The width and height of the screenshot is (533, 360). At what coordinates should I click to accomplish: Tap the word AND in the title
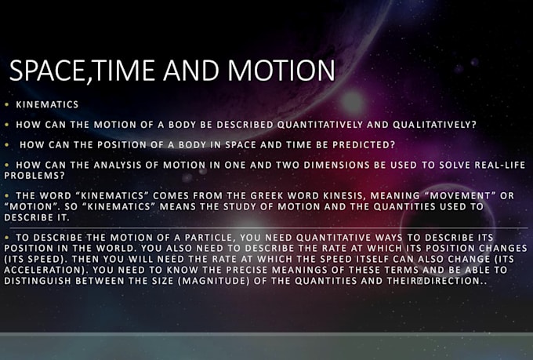(191, 71)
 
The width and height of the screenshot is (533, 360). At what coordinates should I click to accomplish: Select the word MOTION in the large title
(281, 71)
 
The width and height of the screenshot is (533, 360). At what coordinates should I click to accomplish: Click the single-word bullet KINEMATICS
(47, 104)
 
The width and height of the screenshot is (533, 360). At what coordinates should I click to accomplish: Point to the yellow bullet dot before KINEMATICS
(7, 105)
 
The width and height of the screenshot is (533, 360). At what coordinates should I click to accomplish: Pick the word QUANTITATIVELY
(320, 125)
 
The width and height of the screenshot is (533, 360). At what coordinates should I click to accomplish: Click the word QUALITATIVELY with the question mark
(435, 125)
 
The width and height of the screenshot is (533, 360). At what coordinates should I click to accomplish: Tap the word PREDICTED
(364, 144)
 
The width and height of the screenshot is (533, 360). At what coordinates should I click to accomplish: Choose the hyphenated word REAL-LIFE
(500, 165)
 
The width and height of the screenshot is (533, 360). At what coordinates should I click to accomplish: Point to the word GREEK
(266, 195)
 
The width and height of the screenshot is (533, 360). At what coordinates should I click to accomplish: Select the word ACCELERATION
(46, 270)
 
